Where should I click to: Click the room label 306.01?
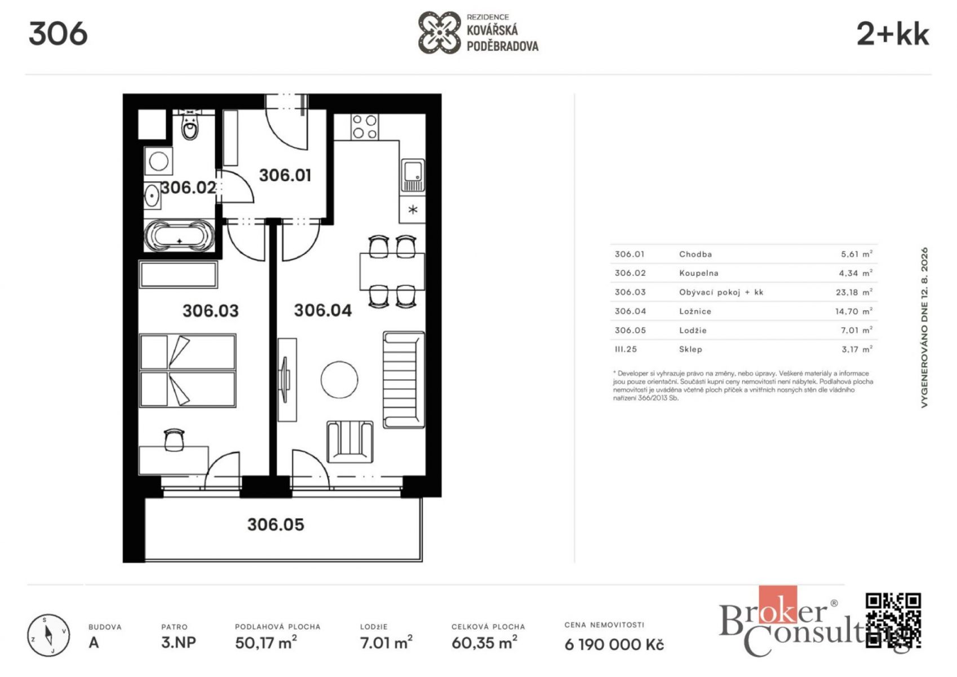point(285,175)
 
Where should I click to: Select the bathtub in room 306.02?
point(179,236)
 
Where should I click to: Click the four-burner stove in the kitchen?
point(365,127)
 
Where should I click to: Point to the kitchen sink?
point(413,175)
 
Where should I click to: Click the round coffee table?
point(340,379)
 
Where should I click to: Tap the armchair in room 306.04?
point(350,442)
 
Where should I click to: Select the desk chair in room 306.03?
point(174,440)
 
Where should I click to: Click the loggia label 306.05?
point(276,525)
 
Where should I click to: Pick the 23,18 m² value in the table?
point(854,292)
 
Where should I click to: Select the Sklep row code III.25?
point(626,349)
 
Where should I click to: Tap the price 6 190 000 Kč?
point(614,644)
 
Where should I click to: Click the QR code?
point(893,620)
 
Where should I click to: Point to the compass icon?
point(48,635)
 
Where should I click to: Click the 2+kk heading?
point(893,34)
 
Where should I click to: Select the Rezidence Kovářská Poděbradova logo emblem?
point(439,33)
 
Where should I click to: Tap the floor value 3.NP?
point(179,643)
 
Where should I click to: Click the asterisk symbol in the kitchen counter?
point(413,209)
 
